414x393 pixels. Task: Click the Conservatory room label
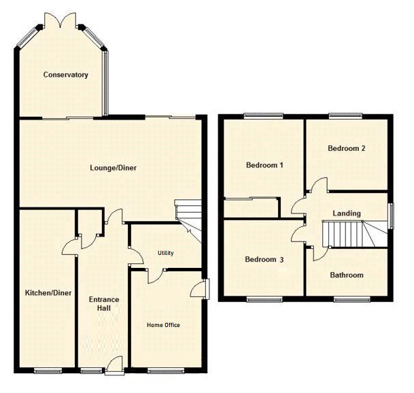coord(65,75)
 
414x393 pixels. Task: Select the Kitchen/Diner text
coord(48,293)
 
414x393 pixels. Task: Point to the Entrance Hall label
coord(104,304)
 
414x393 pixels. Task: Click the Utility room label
coord(166,253)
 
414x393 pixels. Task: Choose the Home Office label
coord(164,325)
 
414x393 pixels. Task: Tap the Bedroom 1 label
coord(264,165)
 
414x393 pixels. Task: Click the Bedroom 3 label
coord(264,259)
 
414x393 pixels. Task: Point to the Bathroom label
coord(347,275)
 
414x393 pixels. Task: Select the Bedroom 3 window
coord(263,298)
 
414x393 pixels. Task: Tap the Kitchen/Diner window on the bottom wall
coord(48,371)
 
